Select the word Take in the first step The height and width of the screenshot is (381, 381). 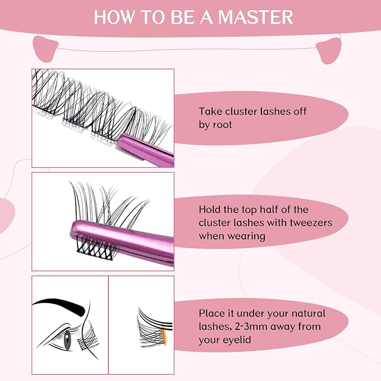point(211,112)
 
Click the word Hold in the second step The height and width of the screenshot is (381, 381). point(211,209)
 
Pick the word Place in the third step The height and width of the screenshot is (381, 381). point(213,313)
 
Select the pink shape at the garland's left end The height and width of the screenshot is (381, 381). point(44,47)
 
